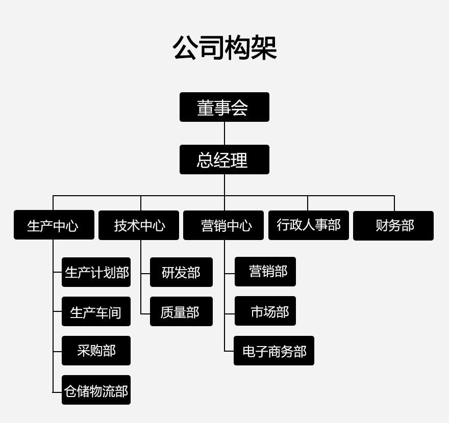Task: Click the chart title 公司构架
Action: (224, 48)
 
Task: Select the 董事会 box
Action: (224, 107)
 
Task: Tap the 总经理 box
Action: (224, 160)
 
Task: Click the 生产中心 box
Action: (54, 225)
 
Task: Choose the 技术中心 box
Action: (139, 225)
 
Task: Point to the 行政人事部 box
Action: (309, 225)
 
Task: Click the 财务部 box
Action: (393, 225)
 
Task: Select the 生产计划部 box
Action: (96, 272)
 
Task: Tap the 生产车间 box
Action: (96, 311)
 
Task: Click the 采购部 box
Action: (96, 351)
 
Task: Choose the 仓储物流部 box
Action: (96, 390)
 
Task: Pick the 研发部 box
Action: (181, 272)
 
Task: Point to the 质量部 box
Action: (181, 311)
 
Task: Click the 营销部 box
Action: (265, 272)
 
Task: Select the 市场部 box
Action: (265, 311)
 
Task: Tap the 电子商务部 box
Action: (274, 351)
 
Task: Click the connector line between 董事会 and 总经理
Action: (224, 133)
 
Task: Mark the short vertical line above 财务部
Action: (394, 203)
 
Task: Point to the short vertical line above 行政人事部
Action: (308, 203)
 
